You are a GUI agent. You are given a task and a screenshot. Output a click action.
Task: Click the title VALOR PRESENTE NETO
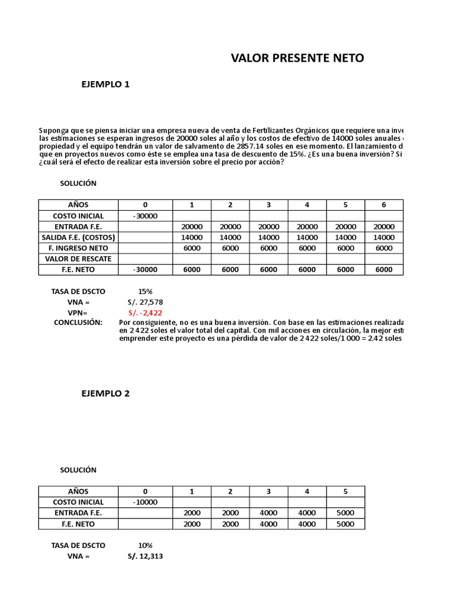[297, 58]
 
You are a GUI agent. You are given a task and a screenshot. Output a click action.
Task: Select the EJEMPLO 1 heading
[105, 84]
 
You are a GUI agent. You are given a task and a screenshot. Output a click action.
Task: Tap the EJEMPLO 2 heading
[105, 394]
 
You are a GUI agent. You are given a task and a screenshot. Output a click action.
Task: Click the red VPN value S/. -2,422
[145, 312]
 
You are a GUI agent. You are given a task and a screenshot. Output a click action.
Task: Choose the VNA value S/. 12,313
[145, 556]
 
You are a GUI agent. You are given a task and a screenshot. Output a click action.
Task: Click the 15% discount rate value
[145, 291]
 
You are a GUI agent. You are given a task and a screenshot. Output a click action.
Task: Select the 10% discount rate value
[145, 545]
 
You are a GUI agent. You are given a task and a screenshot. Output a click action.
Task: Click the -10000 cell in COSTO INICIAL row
[145, 502]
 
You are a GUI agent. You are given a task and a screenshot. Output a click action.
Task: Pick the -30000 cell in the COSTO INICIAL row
[145, 216]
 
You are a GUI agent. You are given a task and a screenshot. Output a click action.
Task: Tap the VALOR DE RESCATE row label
[78, 259]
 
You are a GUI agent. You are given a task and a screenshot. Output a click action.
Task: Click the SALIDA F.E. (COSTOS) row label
[78, 237]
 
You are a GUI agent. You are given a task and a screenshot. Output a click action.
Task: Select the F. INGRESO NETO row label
[78, 248]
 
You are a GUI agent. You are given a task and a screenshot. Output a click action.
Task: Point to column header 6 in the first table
[384, 205]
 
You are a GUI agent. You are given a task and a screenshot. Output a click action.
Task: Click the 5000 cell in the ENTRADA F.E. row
[345, 512]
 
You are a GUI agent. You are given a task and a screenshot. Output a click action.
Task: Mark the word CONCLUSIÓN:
[78, 323]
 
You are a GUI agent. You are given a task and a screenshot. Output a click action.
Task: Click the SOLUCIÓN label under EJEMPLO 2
[78, 470]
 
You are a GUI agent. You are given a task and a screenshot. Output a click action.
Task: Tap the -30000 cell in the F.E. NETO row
[145, 269]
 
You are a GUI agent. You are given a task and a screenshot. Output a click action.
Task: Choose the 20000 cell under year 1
[192, 227]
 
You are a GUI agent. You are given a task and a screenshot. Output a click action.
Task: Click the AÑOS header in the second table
[78, 491]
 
